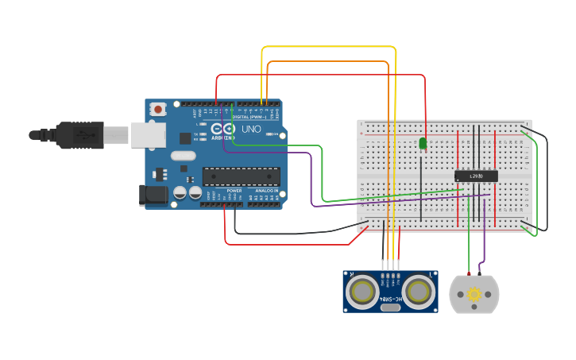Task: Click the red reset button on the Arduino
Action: coord(158,108)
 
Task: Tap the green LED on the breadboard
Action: coord(423,144)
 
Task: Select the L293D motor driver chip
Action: coord(476,176)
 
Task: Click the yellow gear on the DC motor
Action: coord(474,295)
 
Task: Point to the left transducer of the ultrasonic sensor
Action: coord(363,291)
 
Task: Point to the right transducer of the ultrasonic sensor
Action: coord(418,291)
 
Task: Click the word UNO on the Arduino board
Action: coord(251,129)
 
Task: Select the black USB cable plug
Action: coord(79,135)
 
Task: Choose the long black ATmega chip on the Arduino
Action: coord(242,176)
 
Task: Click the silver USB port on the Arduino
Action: coord(148,135)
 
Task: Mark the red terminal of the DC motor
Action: coord(469,274)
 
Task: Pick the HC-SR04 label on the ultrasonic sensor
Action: coord(390,299)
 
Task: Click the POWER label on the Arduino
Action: coord(234,191)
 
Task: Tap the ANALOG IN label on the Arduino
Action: coord(266,191)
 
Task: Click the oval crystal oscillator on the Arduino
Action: coord(182,156)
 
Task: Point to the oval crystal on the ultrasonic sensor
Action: coord(390,307)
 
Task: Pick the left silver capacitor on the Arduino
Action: coord(180,193)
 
